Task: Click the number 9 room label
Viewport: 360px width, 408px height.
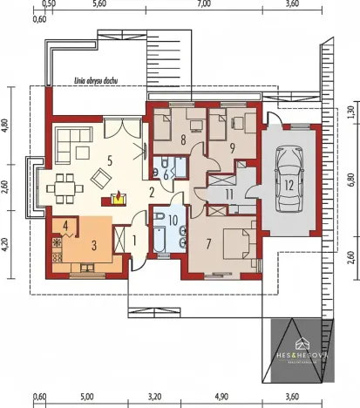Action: click(233, 146)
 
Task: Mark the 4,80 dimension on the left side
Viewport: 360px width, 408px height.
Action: click(4, 125)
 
